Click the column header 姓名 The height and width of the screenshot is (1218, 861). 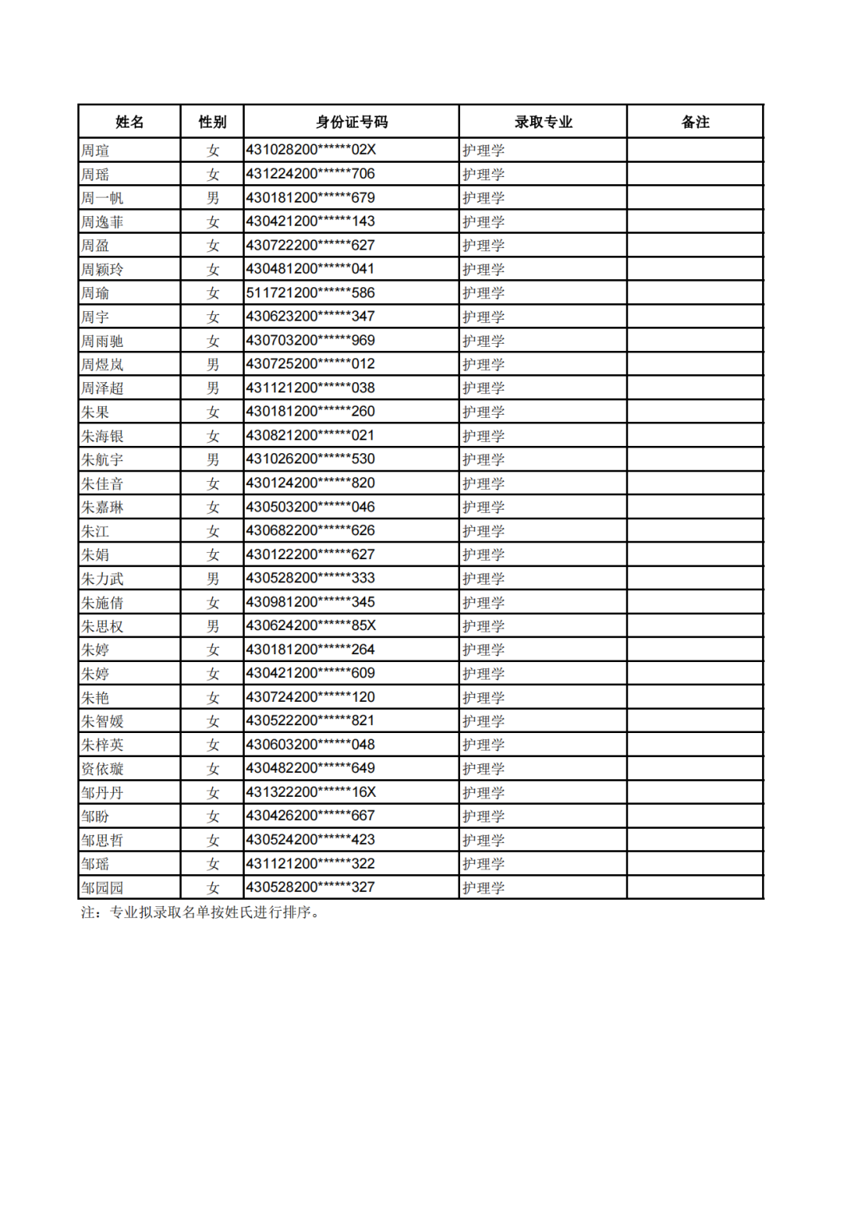coord(129,122)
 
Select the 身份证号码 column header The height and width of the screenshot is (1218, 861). coord(352,122)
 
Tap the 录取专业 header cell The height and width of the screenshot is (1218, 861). coord(543,122)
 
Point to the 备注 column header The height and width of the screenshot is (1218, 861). coord(695,122)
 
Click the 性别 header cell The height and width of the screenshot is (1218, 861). coord(212,122)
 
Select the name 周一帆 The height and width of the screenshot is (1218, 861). coord(102,198)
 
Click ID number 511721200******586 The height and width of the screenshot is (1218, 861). coord(310,293)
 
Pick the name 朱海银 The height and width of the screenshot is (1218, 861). coord(102,436)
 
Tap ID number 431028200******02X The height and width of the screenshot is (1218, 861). coord(311,150)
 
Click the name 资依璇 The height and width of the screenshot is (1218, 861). coord(102,769)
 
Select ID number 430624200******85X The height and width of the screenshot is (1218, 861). coord(311,626)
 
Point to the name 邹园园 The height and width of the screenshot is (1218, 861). coord(102,888)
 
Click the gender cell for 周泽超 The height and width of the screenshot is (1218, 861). coord(213,388)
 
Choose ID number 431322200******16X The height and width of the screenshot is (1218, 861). coord(311,792)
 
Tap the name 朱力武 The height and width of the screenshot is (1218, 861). coord(102,579)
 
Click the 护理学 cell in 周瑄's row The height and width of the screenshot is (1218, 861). coord(483,151)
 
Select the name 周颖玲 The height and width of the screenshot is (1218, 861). coord(102,270)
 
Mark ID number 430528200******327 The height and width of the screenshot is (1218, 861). coord(310,887)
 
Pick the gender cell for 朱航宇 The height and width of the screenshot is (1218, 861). coord(213,459)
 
